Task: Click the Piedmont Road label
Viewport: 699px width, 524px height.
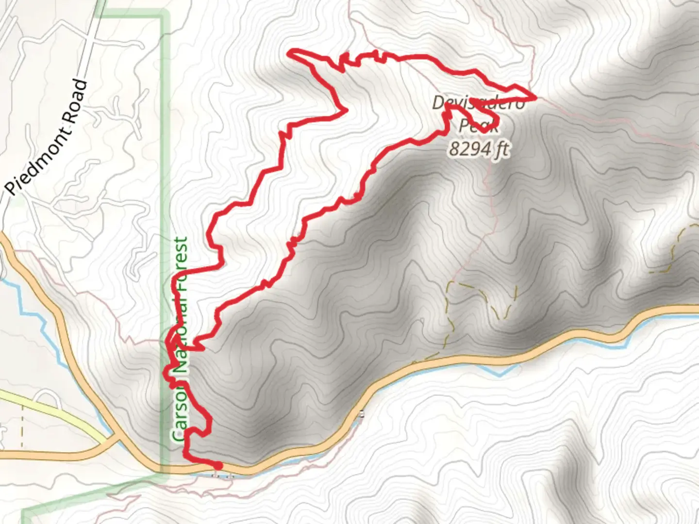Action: (49, 138)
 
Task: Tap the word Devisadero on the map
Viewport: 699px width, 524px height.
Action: (478, 103)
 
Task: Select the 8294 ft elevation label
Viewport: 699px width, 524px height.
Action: (478, 149)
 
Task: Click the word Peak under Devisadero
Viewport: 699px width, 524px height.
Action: (478, 126)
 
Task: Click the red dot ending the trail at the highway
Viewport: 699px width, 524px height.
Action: (218, 465)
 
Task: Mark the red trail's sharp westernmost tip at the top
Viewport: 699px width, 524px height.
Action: (290, 53)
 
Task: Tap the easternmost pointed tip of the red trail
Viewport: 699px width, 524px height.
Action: (535, 98)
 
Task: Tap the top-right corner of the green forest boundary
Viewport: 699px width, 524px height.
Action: (164, 17)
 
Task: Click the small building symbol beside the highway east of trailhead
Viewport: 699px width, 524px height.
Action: (361, 414)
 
